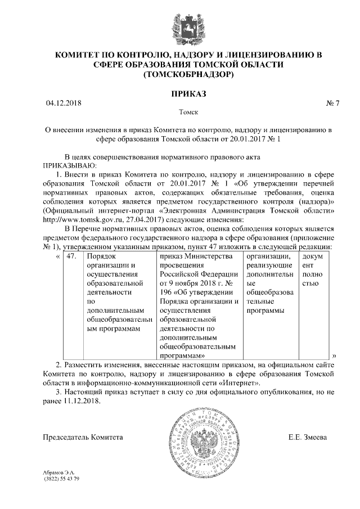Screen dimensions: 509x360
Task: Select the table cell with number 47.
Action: click(71, 256)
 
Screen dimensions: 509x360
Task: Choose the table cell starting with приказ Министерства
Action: click(196, 304)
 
